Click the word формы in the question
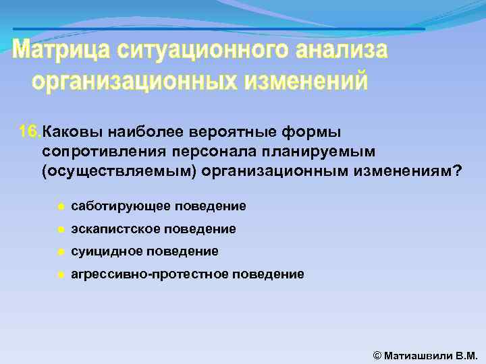click(314, 130)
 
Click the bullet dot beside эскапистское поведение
click(60, 229)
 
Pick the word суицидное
click(101, 251)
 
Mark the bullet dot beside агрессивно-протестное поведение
click(60, 274)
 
